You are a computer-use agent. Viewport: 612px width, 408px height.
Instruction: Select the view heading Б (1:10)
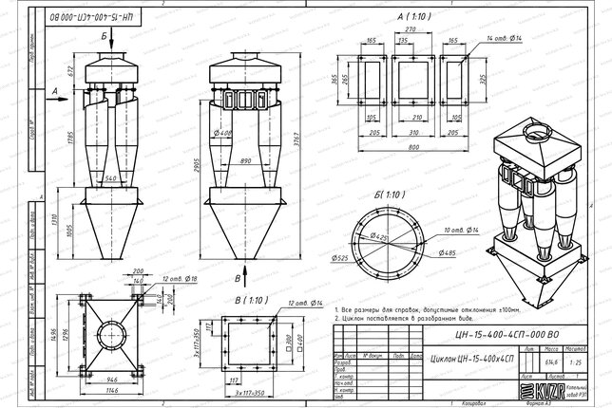point(392,194)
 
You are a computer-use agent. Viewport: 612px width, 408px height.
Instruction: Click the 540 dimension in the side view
point(111,177)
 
